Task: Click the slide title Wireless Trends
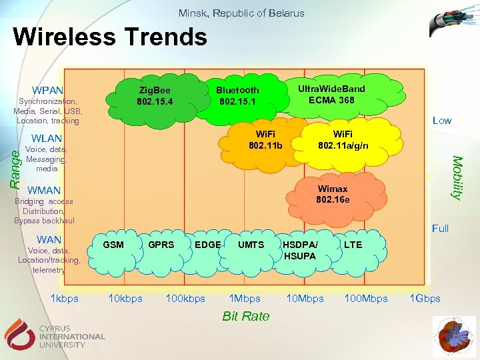pyautogui.click(x=110, y=37)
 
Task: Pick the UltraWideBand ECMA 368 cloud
pyautogui.click(x=331, y=94)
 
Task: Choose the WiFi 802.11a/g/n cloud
pyautogui.click(x=343, y=140)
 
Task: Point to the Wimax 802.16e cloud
pyautogui.click(x=332, y=194)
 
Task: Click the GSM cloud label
pyautogui.click(x=114, y=245)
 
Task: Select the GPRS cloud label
pyautogui.click(x=161, y=245)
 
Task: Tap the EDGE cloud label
pyautogui.click(x=207, y=245)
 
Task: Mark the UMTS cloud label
pyautogui.click(x=251, y=245)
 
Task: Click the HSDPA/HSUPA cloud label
pyautogui.click(x=299, y=250)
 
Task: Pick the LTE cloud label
pyautogui.click(x=353, y=245)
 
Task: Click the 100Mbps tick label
pyautogui.click(x=365, y=298)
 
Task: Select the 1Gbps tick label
pyautogui.click(x=425, y=298)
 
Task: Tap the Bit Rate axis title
pyautogui.click(x=246, y=316)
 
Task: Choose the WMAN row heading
pyautogui.click(x=45, y=191)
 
